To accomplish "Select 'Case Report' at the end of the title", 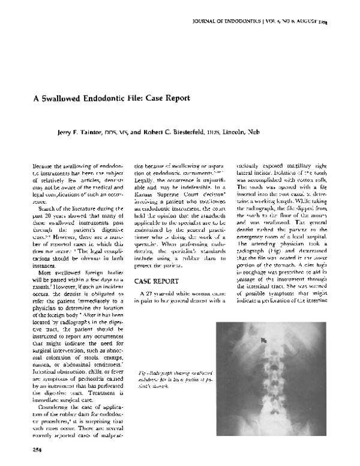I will [169, 98].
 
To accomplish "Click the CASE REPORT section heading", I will [157, 280].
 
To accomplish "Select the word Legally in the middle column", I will [146, 188].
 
